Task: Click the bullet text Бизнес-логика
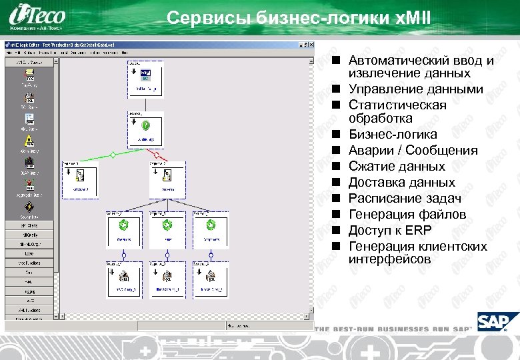tap(393, 134)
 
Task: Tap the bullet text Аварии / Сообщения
tap(413, 150)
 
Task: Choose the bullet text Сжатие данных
tap(397, 166)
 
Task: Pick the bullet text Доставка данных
tap(401, 182)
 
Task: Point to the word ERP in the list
tap(417, 231)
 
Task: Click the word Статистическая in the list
tap(397, 105)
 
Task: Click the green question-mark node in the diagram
tap(145, 125)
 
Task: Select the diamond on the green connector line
tap(113, 155)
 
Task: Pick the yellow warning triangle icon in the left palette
tap(30, 141)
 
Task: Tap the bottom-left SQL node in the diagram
tap(125, 279)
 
